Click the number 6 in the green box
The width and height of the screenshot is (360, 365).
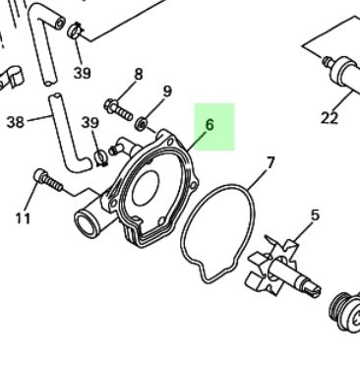210,126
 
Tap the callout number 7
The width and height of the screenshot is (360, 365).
270,162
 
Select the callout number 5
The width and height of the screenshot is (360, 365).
315,214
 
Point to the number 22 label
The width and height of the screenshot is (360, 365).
329,119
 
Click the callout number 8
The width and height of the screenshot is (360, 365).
138,74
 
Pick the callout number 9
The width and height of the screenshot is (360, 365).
167,91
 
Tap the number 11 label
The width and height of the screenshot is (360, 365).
23,218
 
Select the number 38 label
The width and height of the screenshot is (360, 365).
16,123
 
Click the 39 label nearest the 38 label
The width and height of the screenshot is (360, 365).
90,122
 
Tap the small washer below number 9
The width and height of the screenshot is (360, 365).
143,123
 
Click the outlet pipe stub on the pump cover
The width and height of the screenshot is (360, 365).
90,222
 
